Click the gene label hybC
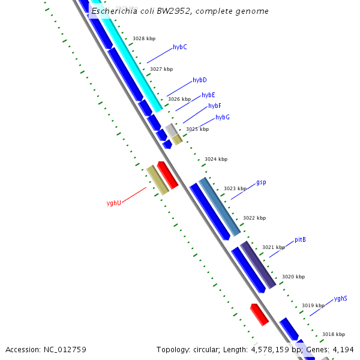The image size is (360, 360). click(x=179, y=47)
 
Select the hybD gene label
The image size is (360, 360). click(x=199, y=80)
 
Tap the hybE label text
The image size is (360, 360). click(x=208, y=95)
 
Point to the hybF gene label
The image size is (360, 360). click(x=214, y=106)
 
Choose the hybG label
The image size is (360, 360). click(x=222, y=117)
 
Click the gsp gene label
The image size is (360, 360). click(x=261, y=182)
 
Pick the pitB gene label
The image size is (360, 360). click(x=300, y=240)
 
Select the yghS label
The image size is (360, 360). click(x=340, y=298)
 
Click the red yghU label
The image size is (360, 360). click(x=114, y=203)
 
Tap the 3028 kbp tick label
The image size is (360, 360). click(x=144, y=38)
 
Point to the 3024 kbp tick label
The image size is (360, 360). click(x=216, y=159)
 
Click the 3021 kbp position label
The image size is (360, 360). click(x=274, y=247)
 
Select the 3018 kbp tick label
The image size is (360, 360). click(x=334, y=334)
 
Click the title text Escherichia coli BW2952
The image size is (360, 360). click(x=180, y=11)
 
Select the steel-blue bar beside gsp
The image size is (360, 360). click(x=220, y=206)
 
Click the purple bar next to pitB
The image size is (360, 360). click(x=258, y=265)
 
